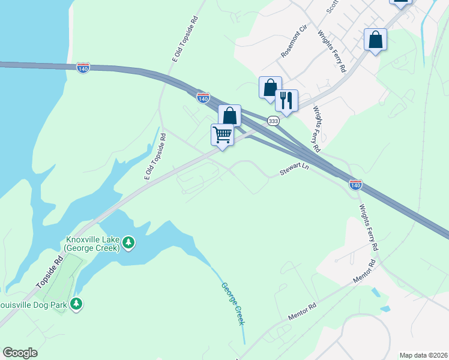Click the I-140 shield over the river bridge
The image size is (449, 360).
click(83, 68)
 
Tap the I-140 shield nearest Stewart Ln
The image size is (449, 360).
click(355, 185)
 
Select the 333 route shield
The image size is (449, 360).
click(273, 121)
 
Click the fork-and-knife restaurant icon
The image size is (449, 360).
click(286, 100)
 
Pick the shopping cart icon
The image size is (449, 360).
click(222, 134)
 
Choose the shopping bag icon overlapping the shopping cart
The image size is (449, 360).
click(229, 115)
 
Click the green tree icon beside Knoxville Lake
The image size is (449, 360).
click(128, 242)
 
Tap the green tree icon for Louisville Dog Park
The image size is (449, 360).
click(76, 304)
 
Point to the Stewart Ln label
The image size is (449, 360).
click(294, 172)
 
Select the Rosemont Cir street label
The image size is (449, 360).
click(294, 41)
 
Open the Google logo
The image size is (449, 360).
click(20, 353)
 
